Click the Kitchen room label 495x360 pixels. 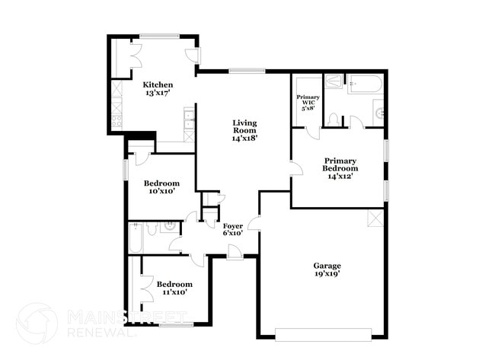click(158, 84)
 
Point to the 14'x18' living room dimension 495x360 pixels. click(244, 139)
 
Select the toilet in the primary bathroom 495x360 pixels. click(333, 119)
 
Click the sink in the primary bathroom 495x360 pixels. click(378, 115)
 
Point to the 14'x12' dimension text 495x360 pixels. click(340, 176)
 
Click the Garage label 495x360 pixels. click(327, 266)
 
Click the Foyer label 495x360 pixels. click(232, 226)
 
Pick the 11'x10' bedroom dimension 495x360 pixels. click(171, 292)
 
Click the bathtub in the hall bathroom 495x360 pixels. click(135, 237)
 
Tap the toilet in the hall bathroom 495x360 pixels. click(152, 228)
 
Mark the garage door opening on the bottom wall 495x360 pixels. click(323, 334)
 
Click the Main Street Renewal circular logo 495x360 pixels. click(37, 323)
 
